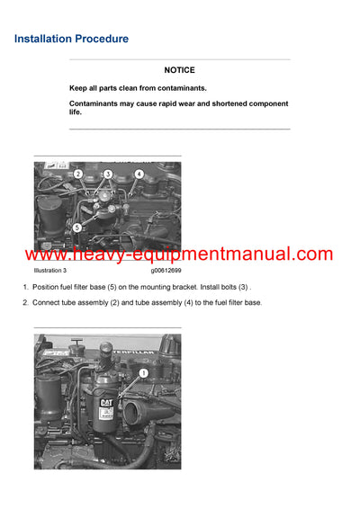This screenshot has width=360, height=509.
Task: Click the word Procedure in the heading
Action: tap(102, 39)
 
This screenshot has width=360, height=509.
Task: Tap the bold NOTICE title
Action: tap(179, 69)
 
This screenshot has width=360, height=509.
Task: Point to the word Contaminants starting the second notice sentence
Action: tap(100, 103)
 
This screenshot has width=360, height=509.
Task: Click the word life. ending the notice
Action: tap(76, 112)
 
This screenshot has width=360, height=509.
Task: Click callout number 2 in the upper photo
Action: tap(78, 174)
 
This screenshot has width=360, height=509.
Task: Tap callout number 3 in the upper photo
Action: tap(108, 174)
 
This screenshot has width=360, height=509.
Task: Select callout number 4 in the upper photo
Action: tap(139, 173)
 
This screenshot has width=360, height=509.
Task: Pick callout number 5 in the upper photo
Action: tap(76, 227)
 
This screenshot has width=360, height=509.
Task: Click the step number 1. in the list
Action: tap(25, 287)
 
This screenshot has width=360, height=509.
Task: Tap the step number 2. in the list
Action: tap(25, 302)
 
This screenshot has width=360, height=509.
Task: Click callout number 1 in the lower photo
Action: tap(143, 371)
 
